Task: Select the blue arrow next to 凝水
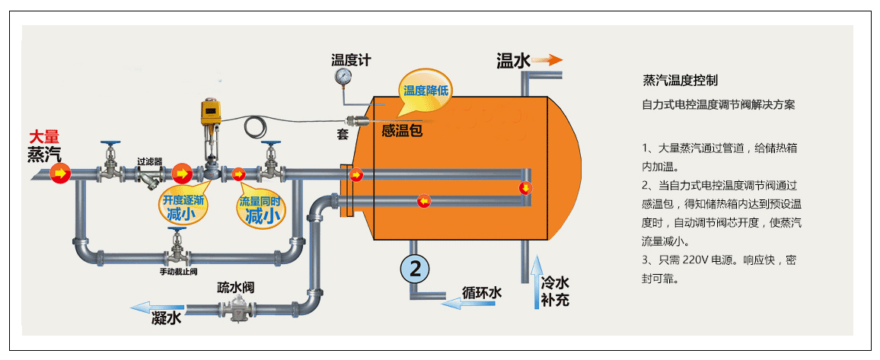[142, 307]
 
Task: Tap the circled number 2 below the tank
[416, 268]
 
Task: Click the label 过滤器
[150, 161]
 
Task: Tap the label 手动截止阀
[179, 272]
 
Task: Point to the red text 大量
[43, 138]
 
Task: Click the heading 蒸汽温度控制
[680, 80]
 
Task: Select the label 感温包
[402, 130]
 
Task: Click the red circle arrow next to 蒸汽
[60, 174]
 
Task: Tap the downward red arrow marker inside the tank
[524, 188]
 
